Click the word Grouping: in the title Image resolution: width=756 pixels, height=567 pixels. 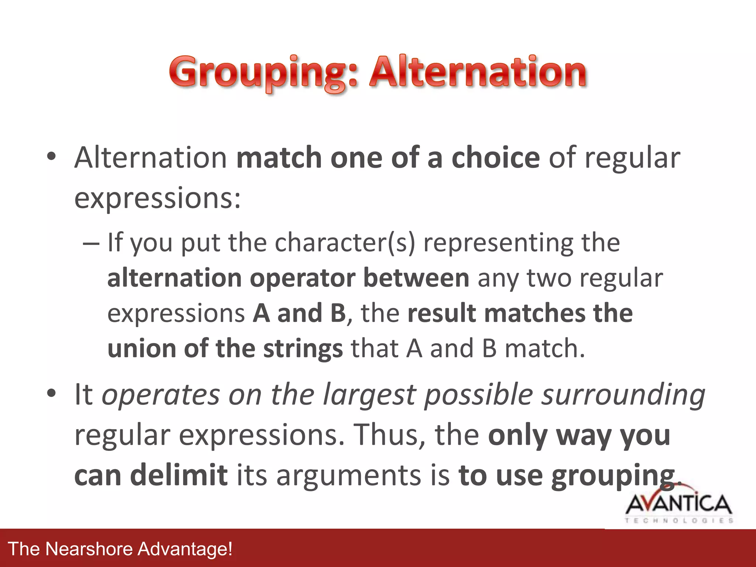pos(264,72)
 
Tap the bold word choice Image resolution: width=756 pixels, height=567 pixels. pos(496,158)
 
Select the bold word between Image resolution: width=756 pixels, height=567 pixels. pos(416,278)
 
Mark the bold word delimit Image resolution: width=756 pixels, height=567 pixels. pos(179,475)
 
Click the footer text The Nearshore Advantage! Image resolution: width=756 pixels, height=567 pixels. pos(120,549)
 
